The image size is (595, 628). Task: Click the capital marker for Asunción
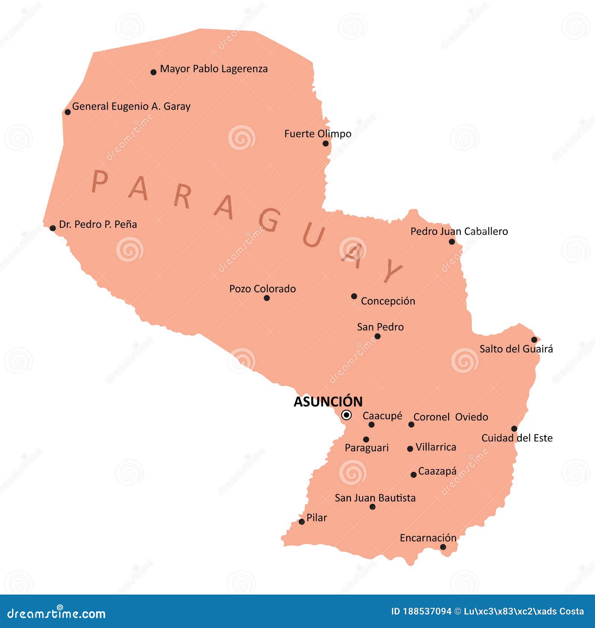[346, 415]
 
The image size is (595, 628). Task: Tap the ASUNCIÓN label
[328, 402]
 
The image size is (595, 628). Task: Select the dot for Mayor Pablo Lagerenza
[154, 72]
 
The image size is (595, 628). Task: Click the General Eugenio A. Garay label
[131, 107]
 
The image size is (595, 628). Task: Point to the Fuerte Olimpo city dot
[325, 143]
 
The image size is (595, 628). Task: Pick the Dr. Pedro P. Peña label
[98, 224]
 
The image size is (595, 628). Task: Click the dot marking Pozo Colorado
[267, 298]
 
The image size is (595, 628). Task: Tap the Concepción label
[388, 301]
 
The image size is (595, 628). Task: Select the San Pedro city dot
[377, 336]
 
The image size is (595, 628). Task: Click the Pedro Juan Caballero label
[459, 232]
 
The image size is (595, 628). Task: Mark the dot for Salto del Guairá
[534, 340]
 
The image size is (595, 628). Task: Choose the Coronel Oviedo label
[451, 417]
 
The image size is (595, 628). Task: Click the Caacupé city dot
[372, 425]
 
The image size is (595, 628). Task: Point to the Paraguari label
[366, 448]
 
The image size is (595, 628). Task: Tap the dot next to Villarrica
[410, 449]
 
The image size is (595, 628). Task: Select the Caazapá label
[437, 471]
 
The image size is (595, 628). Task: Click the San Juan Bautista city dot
[373, 507]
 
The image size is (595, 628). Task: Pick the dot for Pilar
[302, 522]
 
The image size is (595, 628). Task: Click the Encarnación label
[428, 538]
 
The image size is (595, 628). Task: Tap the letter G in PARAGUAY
[270, 220]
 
